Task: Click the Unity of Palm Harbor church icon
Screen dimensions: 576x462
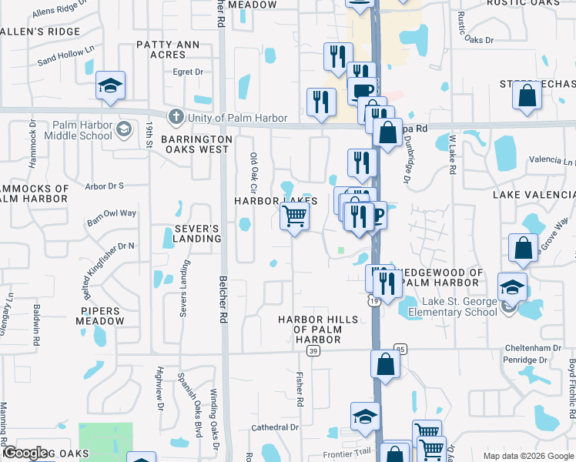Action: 176,118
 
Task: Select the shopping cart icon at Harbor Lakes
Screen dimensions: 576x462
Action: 294,218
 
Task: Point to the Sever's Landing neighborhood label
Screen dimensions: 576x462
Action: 186,234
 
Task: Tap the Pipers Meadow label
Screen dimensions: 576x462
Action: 100,316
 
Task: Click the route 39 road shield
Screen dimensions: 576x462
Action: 313,351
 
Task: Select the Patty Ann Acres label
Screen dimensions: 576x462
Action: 172,50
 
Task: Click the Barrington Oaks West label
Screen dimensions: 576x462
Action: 196,144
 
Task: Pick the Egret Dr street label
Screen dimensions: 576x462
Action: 188,72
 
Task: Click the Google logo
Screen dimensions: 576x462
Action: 25,454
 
